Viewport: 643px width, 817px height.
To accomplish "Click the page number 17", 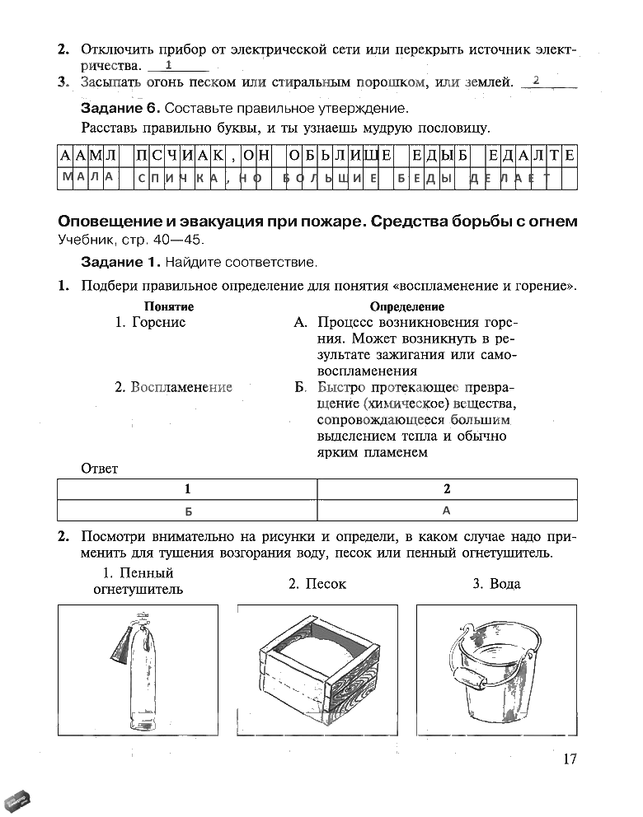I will [x=569, y=759].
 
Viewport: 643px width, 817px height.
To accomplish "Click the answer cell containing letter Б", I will [x=187, y=511].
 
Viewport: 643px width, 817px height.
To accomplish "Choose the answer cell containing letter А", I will [x=447, y=511].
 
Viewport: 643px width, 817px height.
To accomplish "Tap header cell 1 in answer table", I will [x=187, y=488].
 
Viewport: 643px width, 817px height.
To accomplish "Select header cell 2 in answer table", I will [x=447, y=488].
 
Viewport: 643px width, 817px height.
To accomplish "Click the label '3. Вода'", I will [x=496, y=584].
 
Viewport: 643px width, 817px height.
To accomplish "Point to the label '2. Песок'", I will [x=317, y=584].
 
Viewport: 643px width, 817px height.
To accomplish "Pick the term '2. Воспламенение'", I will [x=174, y=387].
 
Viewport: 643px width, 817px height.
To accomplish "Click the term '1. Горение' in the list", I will [x=151, y=323].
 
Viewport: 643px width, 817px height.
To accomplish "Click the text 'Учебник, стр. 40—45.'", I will [x=129, y=240].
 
